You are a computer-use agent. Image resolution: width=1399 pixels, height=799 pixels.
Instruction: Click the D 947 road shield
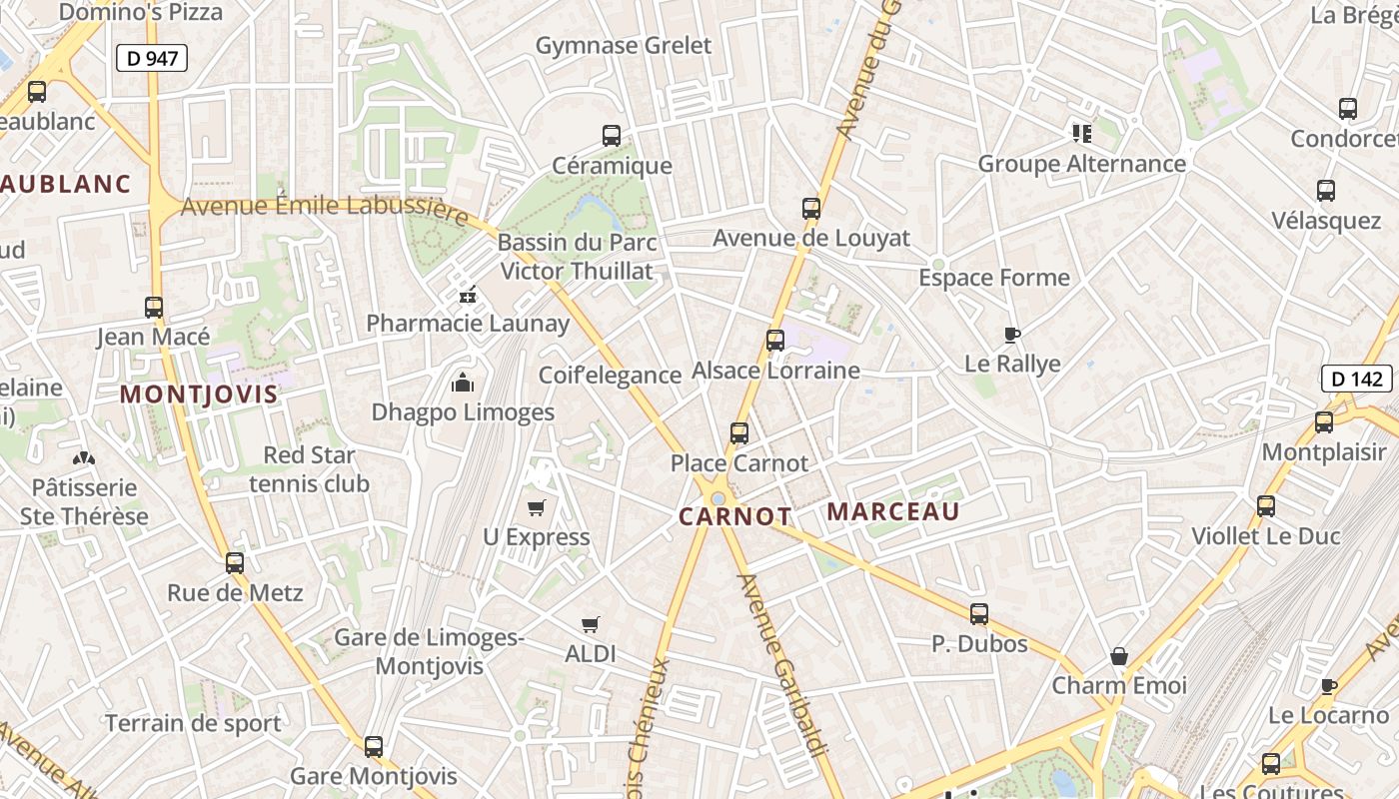tap(152, 58)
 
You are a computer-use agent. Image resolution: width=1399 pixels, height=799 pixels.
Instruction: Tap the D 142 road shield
tap(1357, 379)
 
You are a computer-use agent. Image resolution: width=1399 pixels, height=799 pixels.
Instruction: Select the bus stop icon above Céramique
tap(612, 136)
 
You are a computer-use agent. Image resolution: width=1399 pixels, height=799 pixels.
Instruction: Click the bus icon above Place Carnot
tap(739, 433)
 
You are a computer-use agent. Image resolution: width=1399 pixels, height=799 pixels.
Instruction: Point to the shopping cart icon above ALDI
tap(591, 625)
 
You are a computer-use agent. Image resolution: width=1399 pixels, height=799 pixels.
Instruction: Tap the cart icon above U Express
tap(537, 508)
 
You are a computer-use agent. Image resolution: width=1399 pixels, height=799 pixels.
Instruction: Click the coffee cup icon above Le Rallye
tap(1012, 335)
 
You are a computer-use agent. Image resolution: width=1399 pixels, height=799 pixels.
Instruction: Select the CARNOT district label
tap(734, 516)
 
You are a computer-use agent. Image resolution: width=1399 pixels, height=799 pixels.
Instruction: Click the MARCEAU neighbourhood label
tap(893, 512)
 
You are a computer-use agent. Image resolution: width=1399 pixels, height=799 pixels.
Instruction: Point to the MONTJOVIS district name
tap(199, 395)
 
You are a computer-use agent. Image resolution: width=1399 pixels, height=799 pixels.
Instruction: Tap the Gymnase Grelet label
tap(624, 45)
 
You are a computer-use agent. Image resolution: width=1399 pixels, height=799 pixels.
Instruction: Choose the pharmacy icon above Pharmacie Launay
tap(466, 295)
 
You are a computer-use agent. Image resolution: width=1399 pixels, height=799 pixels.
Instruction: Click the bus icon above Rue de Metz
tap(235, 563)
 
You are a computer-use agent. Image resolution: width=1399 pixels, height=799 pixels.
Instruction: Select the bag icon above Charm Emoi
tap(1119, 656)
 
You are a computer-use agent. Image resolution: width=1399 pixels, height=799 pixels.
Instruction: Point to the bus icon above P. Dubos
tap(979, 614)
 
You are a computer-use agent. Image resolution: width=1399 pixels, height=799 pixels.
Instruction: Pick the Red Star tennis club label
tap(310, 469)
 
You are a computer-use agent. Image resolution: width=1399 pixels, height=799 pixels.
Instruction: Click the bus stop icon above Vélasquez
tap(1326, 191)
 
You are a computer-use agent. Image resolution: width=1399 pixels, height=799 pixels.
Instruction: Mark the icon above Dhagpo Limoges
tap(463, 383)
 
